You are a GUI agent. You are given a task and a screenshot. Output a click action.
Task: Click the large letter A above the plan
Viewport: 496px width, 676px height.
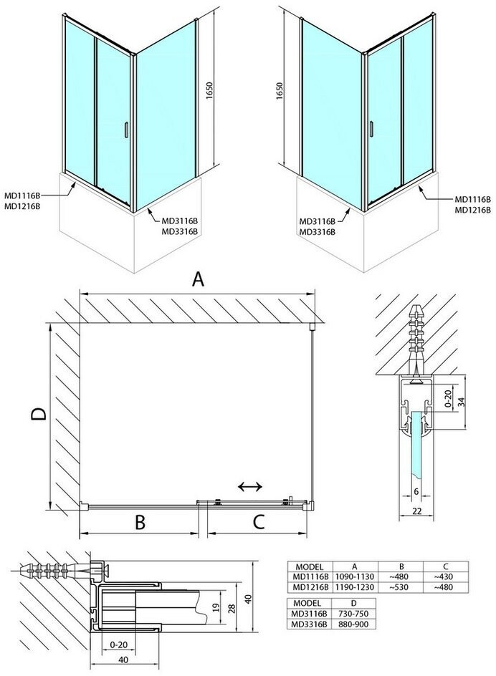[198, 279]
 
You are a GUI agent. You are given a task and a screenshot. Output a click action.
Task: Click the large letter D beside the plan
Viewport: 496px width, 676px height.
[39, 415]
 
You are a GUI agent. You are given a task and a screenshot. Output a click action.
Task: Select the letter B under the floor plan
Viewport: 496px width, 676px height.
[140, 522]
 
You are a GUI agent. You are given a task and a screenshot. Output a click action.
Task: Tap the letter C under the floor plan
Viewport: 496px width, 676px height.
[258, 522]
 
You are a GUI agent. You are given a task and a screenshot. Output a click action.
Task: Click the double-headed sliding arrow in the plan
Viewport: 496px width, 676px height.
[250, 487]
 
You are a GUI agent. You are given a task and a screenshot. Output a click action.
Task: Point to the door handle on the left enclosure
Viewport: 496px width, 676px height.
[125, 130]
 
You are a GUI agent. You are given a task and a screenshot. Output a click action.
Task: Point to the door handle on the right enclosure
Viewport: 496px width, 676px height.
[371, 129]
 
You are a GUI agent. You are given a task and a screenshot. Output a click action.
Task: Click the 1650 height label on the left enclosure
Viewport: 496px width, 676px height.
[210, 91]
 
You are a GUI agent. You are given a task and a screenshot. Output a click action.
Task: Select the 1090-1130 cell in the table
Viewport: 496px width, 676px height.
[354, 577]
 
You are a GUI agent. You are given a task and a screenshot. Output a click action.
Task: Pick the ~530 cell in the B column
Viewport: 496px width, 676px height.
[401, 587]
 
